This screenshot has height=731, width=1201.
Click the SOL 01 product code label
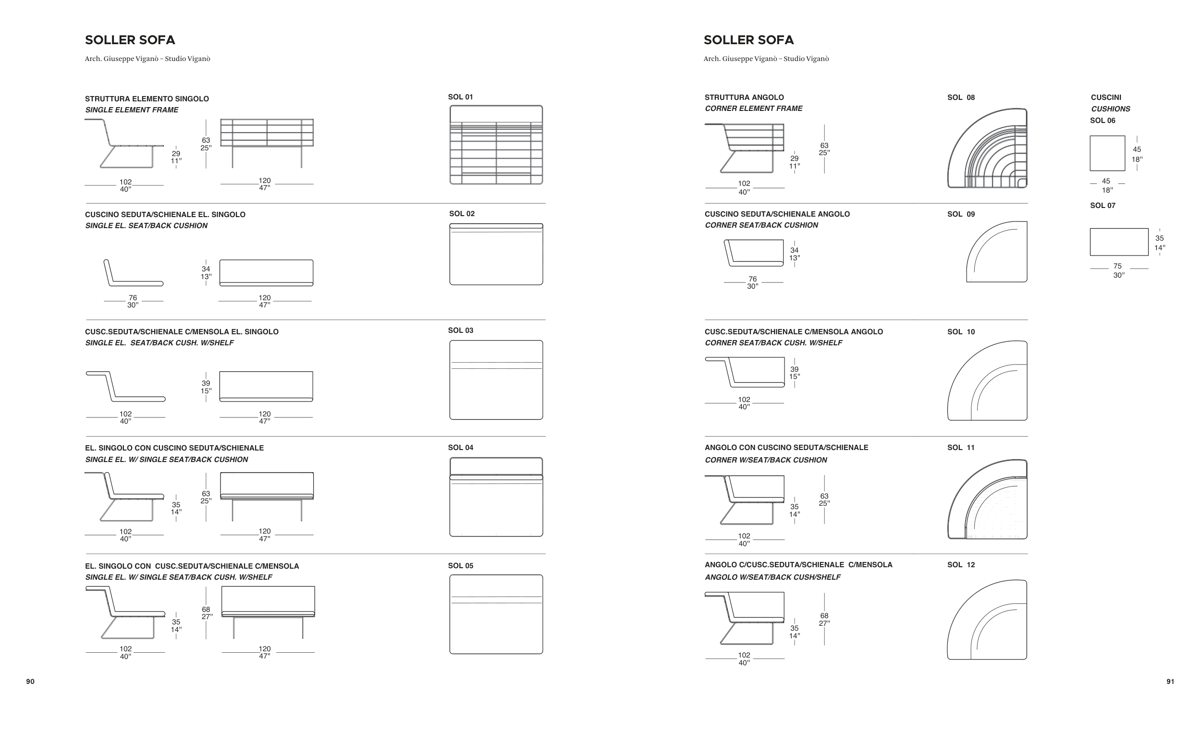tap(460, 97)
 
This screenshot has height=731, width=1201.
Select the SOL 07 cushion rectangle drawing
tap(1119, 242)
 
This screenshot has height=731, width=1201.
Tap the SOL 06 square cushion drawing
tap(1107, 153)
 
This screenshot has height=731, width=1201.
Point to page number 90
tap(30, 682)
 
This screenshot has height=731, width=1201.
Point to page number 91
tap(1170, 682)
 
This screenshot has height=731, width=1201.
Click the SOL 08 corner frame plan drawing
tap(987, 148)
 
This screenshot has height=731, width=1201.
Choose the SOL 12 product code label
tap(961, 565)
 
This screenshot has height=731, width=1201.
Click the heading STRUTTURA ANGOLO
tap(744, 97)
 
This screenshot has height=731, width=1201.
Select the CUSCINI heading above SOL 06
tap(1105, 97)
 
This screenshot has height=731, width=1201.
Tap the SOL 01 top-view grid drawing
tap(496, 145)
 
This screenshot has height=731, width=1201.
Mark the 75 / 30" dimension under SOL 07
tap(1118, 270)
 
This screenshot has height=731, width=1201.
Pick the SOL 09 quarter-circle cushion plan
tap(996, 252)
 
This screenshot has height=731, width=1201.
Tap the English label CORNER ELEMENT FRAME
tap(753, 109)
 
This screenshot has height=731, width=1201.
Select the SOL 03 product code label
tap(460, 330)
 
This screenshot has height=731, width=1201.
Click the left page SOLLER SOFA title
tap(130, 40)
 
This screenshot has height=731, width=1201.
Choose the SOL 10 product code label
tap(961, 332)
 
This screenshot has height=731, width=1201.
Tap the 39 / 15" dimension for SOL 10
tap(795, 373)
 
